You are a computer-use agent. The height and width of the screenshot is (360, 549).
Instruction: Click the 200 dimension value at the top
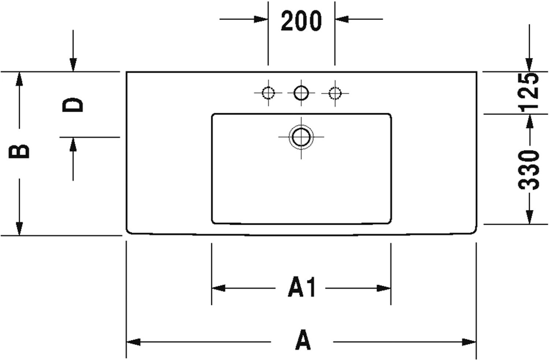click(301, 21)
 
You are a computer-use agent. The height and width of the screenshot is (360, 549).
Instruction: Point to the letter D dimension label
click(72, 105)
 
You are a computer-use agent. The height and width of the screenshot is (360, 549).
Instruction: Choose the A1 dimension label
click(302, 288)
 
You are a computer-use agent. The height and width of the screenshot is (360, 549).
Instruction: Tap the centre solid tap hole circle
click(301, 93)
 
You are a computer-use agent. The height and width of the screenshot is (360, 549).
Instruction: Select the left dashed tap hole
click(268, 93)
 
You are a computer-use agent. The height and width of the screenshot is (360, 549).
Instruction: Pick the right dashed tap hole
click(334, 93)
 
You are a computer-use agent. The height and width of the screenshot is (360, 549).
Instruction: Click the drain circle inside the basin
click(301, 137)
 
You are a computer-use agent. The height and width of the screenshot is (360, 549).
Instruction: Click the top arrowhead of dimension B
click(19, 79)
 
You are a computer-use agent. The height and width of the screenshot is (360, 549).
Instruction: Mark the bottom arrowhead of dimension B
click(19, 229)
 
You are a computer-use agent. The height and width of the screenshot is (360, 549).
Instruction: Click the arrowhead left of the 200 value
click(261, 19)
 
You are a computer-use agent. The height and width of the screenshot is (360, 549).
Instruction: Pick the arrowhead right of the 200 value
click(341, 19)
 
